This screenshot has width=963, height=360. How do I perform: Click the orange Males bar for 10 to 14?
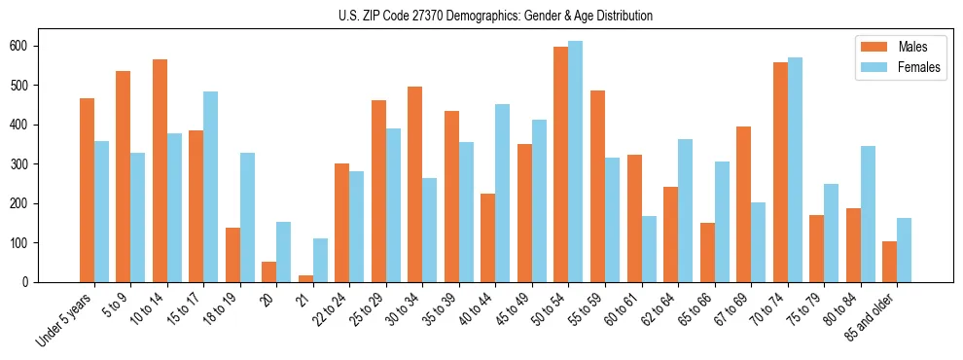(160, 170)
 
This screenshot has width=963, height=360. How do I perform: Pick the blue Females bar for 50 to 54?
(576, 162)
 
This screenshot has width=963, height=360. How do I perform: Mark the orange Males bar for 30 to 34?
(415, 184)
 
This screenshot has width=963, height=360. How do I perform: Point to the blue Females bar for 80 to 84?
(868, 213)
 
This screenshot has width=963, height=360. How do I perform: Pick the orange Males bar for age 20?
(269, 271)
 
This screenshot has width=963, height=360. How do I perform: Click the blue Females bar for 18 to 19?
(247, 217)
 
